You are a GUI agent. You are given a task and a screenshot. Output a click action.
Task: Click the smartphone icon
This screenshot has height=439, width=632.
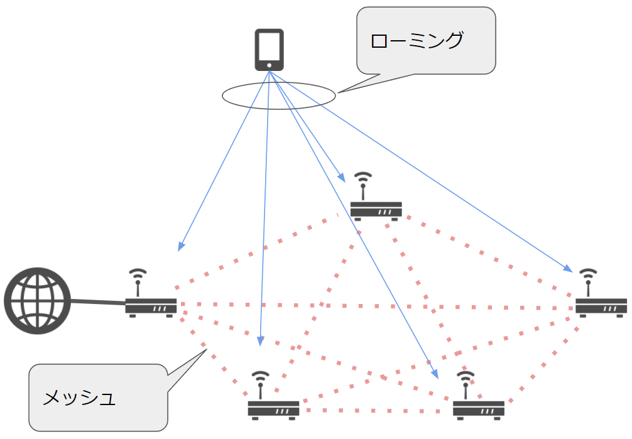(269, 50)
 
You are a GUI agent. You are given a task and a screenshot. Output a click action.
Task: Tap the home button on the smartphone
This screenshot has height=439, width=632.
(269, 65)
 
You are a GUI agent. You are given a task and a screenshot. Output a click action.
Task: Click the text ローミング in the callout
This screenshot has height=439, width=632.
(417, 41)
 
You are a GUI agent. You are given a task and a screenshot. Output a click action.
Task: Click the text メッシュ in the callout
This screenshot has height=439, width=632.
(79, 398)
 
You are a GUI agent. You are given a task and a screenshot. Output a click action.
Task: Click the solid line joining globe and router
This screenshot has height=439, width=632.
(98, 303)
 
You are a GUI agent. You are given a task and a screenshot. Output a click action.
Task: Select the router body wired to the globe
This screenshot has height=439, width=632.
(151, 306)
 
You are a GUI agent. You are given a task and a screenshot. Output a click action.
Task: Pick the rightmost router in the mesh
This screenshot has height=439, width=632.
(601, 306)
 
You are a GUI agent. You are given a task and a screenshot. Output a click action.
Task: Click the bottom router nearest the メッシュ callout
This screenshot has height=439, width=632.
(273, 408)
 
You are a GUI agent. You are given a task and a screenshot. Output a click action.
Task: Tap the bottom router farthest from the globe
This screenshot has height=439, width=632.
(478, 408)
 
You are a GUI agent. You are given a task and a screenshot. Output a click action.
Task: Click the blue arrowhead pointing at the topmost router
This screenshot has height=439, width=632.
(341, 178)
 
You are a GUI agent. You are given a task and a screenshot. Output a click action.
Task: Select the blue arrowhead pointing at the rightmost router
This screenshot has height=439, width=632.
(568, 269)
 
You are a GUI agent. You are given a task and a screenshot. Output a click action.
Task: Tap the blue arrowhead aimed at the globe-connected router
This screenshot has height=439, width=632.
(180, 246)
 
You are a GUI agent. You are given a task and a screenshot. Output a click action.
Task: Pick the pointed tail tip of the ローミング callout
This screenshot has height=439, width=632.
(339, 93)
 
